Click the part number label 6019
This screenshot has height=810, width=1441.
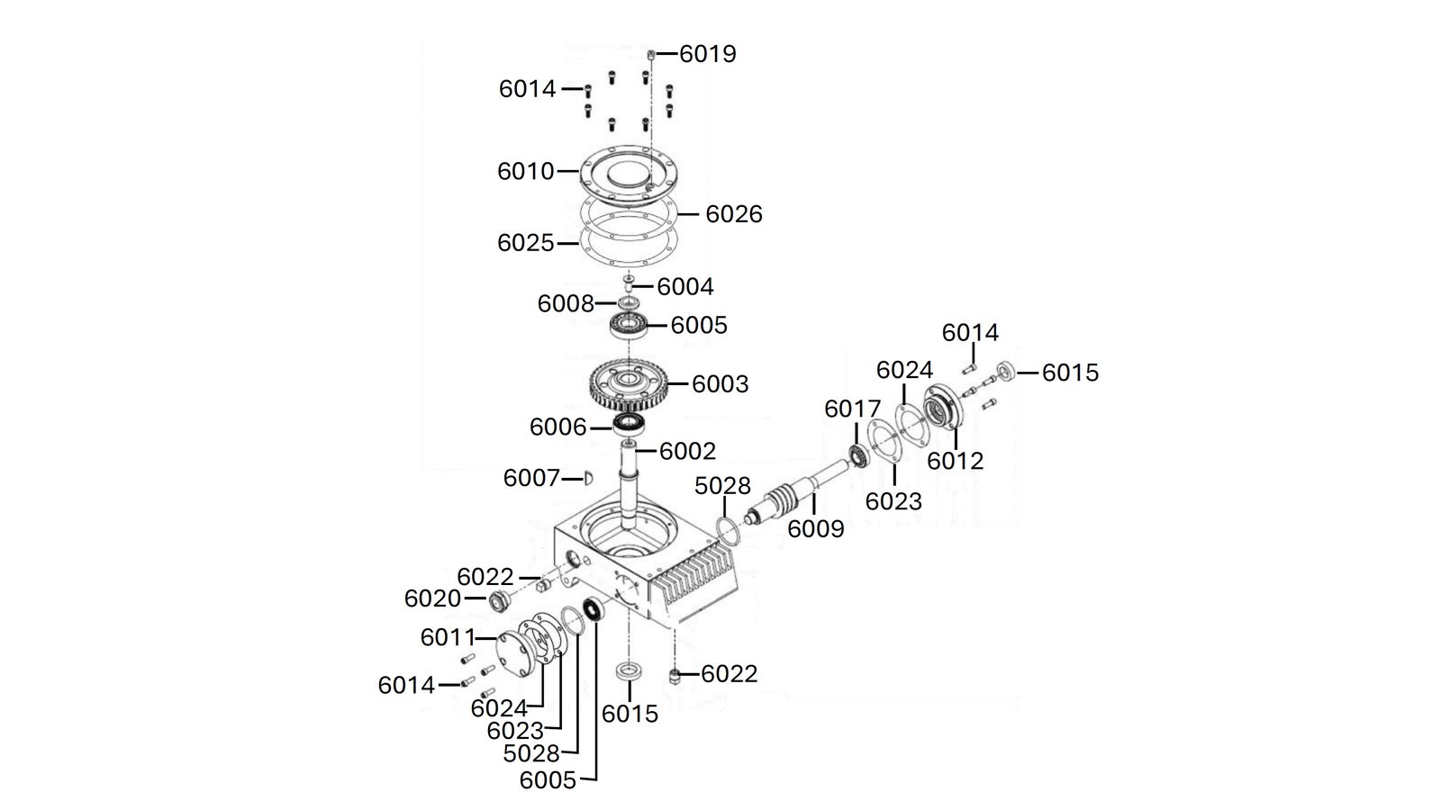[x=708, y=54]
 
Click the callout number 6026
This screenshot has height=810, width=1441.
[x=733, y=214]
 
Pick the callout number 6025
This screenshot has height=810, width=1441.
[x=526, y=243]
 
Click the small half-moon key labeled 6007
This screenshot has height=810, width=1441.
[x=588, y=478]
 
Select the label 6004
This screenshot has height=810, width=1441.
[x=685, y=287]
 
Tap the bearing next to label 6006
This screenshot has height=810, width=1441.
[x=629, y=424]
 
